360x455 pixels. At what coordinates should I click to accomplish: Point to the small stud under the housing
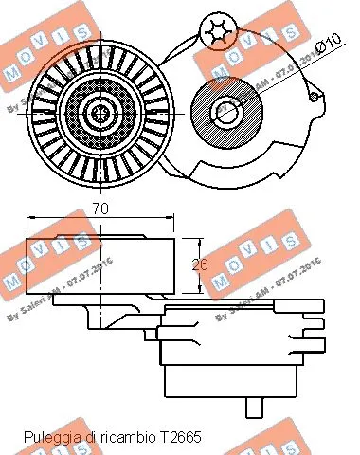pos(253,409)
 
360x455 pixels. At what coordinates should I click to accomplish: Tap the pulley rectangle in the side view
pos(99,265)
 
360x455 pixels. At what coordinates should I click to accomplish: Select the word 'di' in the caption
pos(92,437)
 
